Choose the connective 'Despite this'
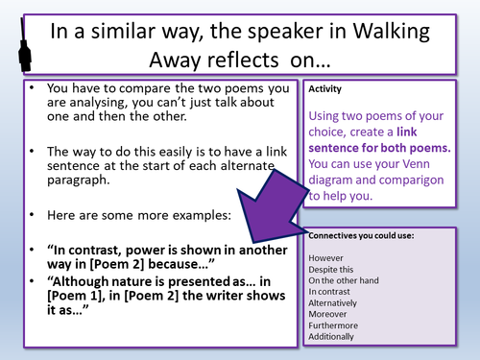click(334, 272)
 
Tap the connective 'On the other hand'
click(348, 285)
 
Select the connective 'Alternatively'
click(337, 312)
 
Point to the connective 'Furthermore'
click(335, 339)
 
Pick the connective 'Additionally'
click(334, 352)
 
